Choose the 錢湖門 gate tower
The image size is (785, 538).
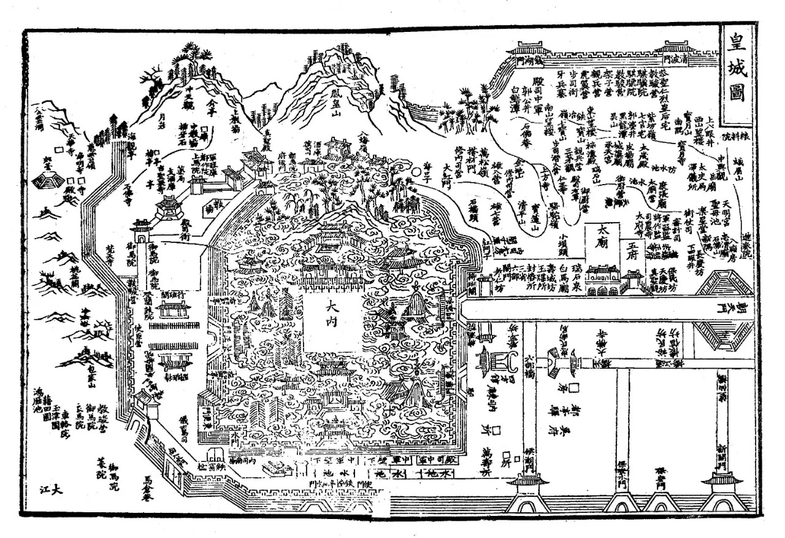point(531,55)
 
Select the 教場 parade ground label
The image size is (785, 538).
point(212,206)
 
